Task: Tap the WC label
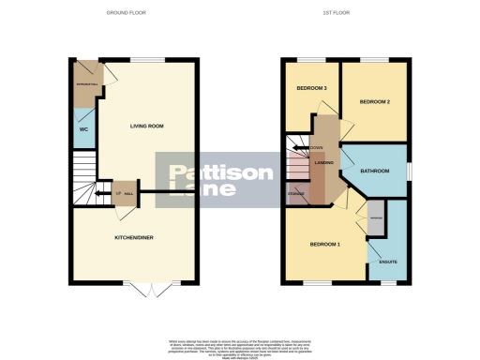(83, 128)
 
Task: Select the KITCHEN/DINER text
(134, 238)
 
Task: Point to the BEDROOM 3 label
(311, 88)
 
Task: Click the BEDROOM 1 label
(326, 245)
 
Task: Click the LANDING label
(325, 163)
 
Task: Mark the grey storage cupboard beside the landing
(296, 195)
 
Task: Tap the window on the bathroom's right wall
(409, 171)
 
